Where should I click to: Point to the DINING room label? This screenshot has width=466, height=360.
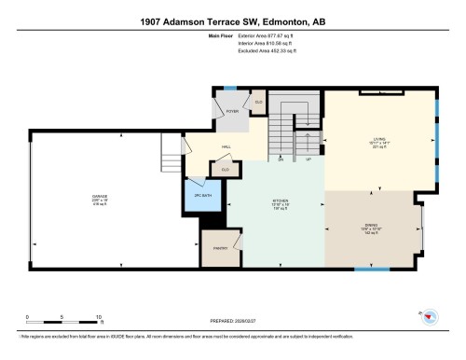click(x=370, y=225)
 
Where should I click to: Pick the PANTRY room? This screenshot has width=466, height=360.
click(x=221, y=247)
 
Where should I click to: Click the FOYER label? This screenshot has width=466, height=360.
click(x=232, y=111)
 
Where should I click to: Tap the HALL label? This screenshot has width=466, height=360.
click(x=226, y=147)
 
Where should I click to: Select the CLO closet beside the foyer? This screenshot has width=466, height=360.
click(x=258, y=101)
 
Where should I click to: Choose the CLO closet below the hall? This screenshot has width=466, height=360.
click(x=225, y=169)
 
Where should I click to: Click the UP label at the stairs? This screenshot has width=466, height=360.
click(x=308, y=159)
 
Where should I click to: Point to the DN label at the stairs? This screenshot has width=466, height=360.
click(x=280, y=159)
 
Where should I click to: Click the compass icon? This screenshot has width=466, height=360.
click(x=432, y=317)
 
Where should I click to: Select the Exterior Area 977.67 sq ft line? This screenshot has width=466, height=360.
click(x=257, y=36)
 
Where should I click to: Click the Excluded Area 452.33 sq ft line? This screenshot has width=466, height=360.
click(x=257, y=49)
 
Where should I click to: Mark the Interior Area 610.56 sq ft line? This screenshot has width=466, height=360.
click(x=257, y=43)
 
